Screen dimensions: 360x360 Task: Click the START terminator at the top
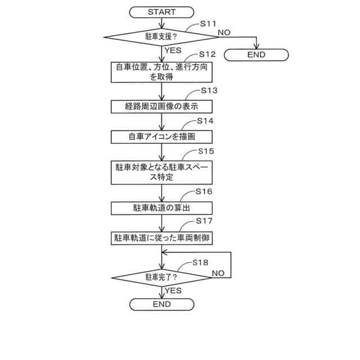(161, 12)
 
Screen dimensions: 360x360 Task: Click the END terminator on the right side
(256, 55)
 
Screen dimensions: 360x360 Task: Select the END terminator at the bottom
(161, 304)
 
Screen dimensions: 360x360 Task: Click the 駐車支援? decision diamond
(161, 37)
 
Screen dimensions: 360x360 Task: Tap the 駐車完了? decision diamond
(161, 277)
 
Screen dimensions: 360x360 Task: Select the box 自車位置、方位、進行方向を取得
(161, 73)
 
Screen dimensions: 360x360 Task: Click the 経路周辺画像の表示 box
(161, 106)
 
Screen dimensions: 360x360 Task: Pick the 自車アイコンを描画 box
(161, 137)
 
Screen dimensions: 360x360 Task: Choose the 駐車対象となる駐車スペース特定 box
(161, 172)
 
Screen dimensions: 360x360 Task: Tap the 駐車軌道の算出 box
(161, 208)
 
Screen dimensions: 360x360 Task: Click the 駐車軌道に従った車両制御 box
(161, 238)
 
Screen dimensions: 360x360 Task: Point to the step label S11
(208, 24)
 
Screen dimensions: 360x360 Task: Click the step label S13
(209, 90)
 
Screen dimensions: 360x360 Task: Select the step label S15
(206, 151)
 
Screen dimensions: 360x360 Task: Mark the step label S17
(204, 221)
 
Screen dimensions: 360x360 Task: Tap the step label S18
(200, 262)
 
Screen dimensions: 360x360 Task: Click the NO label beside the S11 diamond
(224, 32)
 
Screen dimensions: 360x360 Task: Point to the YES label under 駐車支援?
(173, 49)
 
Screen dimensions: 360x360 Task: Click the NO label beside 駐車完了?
(218, 273)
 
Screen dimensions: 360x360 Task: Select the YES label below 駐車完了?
(173, 290)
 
